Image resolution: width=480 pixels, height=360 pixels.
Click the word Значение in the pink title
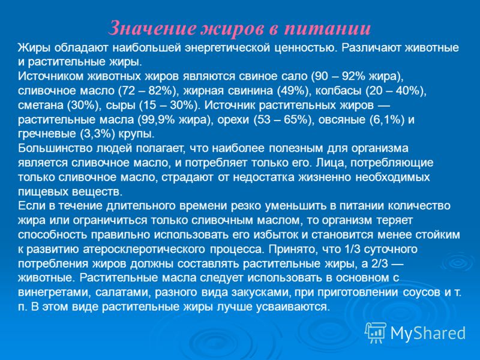pyautogui.click(x=152, y=28)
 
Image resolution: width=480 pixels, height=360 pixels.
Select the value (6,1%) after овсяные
pyautogui.click(x=387, y=119)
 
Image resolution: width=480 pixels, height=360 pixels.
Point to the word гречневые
pyautogui.click(x=47, y=134)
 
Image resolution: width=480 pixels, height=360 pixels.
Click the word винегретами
pyautogui.click(x=55, y=293)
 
